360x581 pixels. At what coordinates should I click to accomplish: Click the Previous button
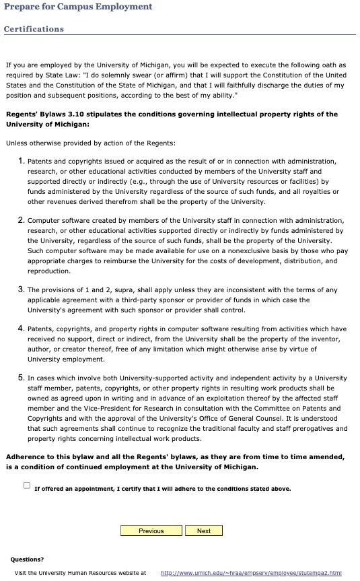151,531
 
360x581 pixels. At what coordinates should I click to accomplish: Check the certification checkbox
27,485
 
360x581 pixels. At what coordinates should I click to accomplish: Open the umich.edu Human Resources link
251,573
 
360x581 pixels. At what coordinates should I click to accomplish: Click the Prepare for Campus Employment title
78,7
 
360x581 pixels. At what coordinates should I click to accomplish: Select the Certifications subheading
34,29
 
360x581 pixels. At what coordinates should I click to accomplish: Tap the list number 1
22,161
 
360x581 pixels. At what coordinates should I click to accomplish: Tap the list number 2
22,220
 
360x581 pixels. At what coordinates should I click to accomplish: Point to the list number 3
22,289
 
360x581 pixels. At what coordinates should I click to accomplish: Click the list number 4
22,329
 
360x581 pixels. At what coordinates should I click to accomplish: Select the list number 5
22,378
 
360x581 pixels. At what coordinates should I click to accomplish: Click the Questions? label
27,559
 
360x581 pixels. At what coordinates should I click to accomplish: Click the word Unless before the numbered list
17,143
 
